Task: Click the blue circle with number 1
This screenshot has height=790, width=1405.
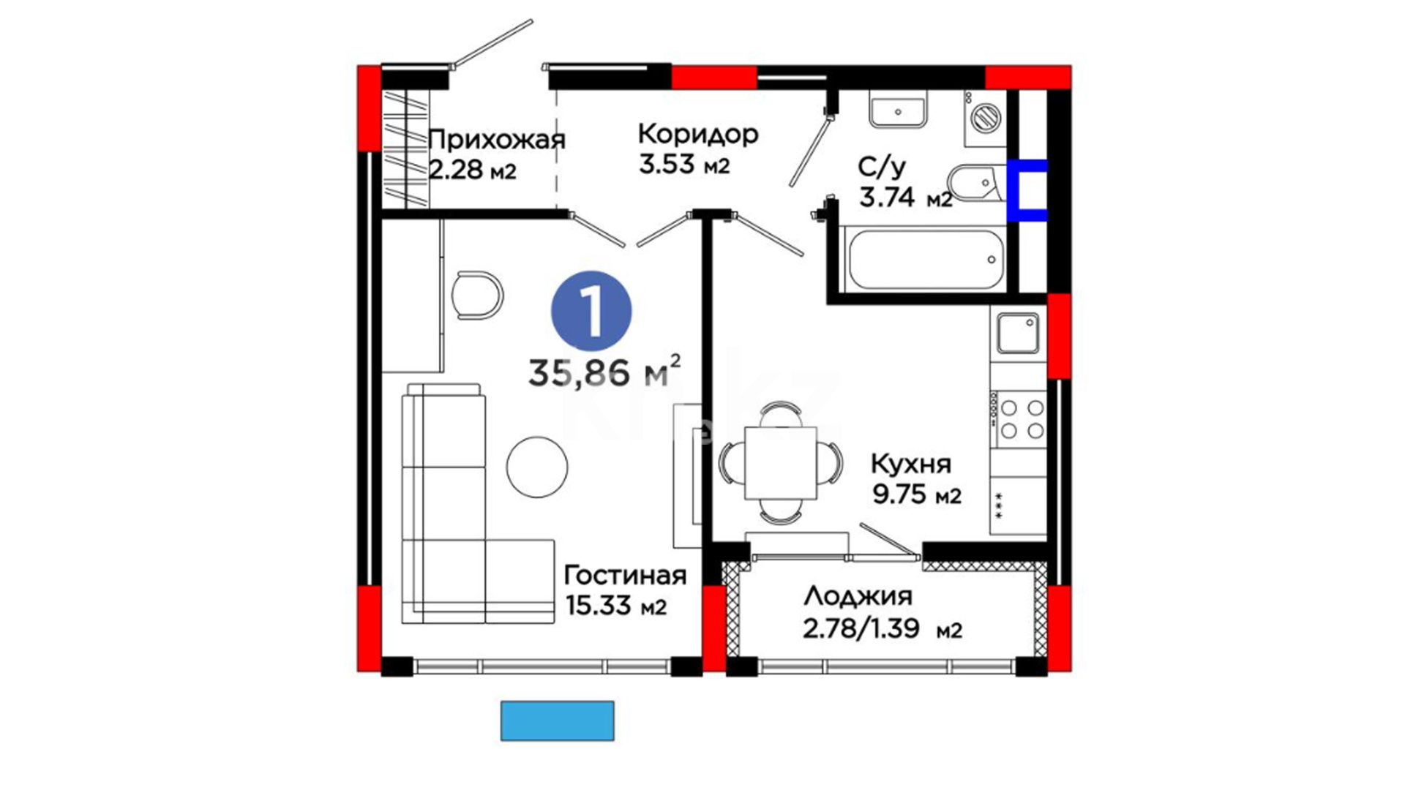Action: click(591, 311)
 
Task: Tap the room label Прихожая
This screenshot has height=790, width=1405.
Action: click(497, 140)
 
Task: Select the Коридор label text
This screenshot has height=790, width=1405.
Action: click(698, 134)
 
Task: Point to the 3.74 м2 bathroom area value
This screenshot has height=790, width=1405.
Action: click(906, 197)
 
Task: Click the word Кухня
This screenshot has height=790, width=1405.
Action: click(911, 464)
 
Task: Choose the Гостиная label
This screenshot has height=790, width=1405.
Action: click(625, 576)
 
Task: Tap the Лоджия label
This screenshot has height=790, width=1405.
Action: click(858, 597)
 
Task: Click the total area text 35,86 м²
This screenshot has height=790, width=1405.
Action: click(604, 372)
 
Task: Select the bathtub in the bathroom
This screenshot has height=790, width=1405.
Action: click(925, 260)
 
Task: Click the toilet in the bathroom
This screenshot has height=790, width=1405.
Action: click(975, 182)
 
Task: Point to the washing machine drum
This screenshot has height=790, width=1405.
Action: click(985, 117)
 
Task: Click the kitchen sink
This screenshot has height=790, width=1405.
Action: click(1018, 333)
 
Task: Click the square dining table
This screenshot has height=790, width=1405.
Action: click(780, 463)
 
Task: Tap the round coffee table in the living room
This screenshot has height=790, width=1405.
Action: click(537, 467)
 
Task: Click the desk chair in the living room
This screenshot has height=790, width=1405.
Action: click(477, 295)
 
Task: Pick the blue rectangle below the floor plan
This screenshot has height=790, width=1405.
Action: click(557, 721)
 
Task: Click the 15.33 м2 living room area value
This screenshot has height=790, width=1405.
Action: click(615, 606)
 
